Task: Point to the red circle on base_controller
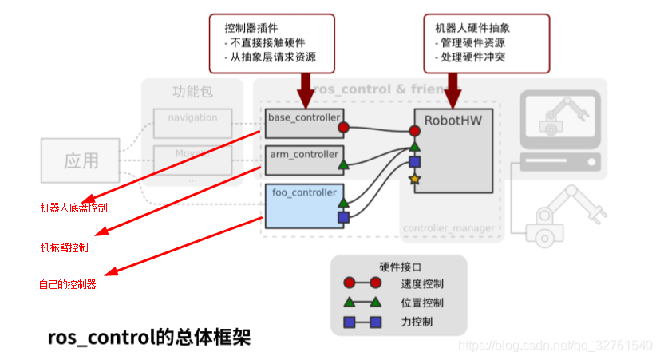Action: click(343, 127)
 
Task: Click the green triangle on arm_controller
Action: click(343, 166)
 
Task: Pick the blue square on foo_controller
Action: click(343, 216)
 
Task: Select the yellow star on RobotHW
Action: click(414, 179)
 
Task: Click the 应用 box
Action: click(81, 160)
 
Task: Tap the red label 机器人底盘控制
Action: click(73, 208)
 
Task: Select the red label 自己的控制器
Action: click(67, 284)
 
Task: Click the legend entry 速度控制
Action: click(423, 283)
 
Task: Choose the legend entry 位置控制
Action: click(423, 303)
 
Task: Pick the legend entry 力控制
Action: click(418, 322)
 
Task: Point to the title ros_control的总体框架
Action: click(149, 338)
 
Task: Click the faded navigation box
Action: click(192, 119)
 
